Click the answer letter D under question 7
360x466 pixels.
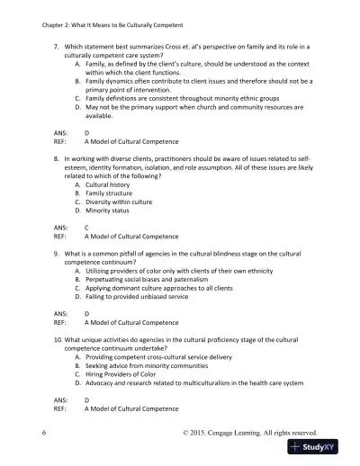[86, 132]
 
